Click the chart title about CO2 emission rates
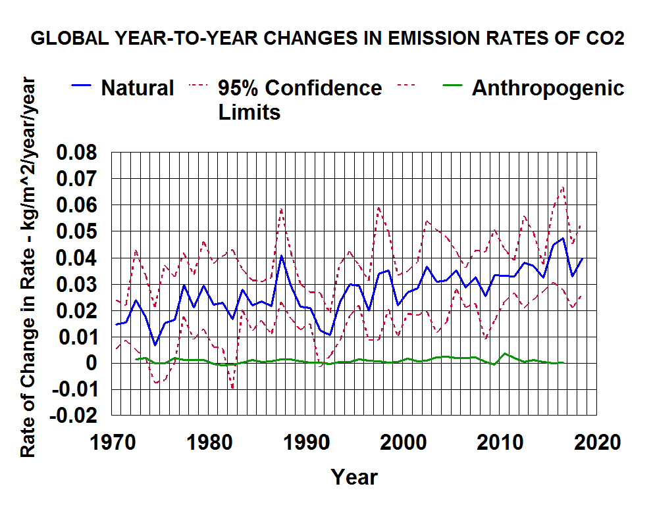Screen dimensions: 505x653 (x=327, y=39)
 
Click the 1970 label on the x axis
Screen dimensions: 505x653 (x=112, y=441)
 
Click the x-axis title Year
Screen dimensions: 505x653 (x=354, y=476)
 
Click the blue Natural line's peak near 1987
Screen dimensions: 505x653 (x=281, y=256)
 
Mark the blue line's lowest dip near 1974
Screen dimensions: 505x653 (x=155, y=345)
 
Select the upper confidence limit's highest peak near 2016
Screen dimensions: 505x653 (x=563, y=187)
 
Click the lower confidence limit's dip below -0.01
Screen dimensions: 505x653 (x=232, y=388)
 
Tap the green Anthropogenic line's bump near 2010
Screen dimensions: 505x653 (x=504, y=354)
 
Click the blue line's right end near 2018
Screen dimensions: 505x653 (x=582, y=259)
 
